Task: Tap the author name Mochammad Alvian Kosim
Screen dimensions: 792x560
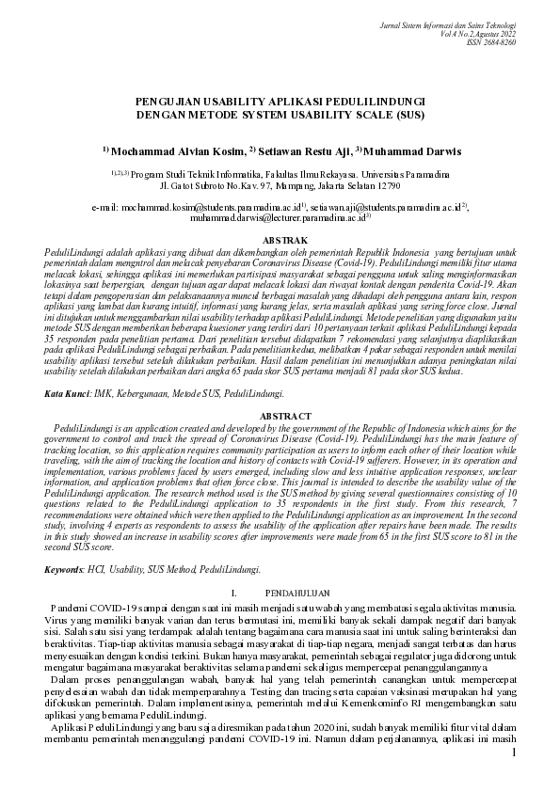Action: click(176, 150)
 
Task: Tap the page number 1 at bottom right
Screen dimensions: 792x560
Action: click(513, 753)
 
